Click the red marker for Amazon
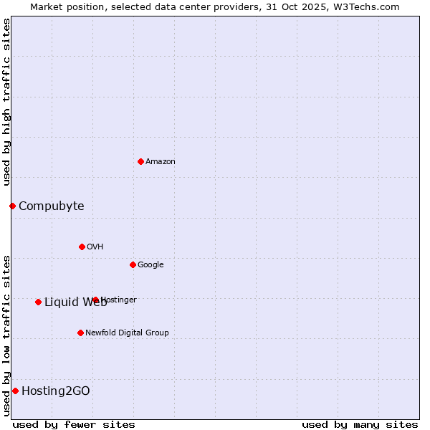(x=140, y=161)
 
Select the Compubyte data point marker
(x=12, y=206)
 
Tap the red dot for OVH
(x=82, y=247)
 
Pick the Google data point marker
(x=133, y=264)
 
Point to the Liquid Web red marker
(x=38, y=302)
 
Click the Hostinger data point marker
(x=95, y=300)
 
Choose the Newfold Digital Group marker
(x=80, y=333)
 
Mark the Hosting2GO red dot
(x=15, y=391)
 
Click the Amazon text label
(x=161, y=162)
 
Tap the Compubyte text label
(x=52, y=206)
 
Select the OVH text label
(x=95, y=247)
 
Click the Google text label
(x=150, y=265)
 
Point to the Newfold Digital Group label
(x=127, y=333)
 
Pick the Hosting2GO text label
(x=56, y=391)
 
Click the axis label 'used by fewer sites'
(x=74, y=424)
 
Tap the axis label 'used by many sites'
(x=360, y=424)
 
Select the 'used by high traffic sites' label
(x=6, y=102)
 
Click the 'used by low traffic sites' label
(x=6, y=335)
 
